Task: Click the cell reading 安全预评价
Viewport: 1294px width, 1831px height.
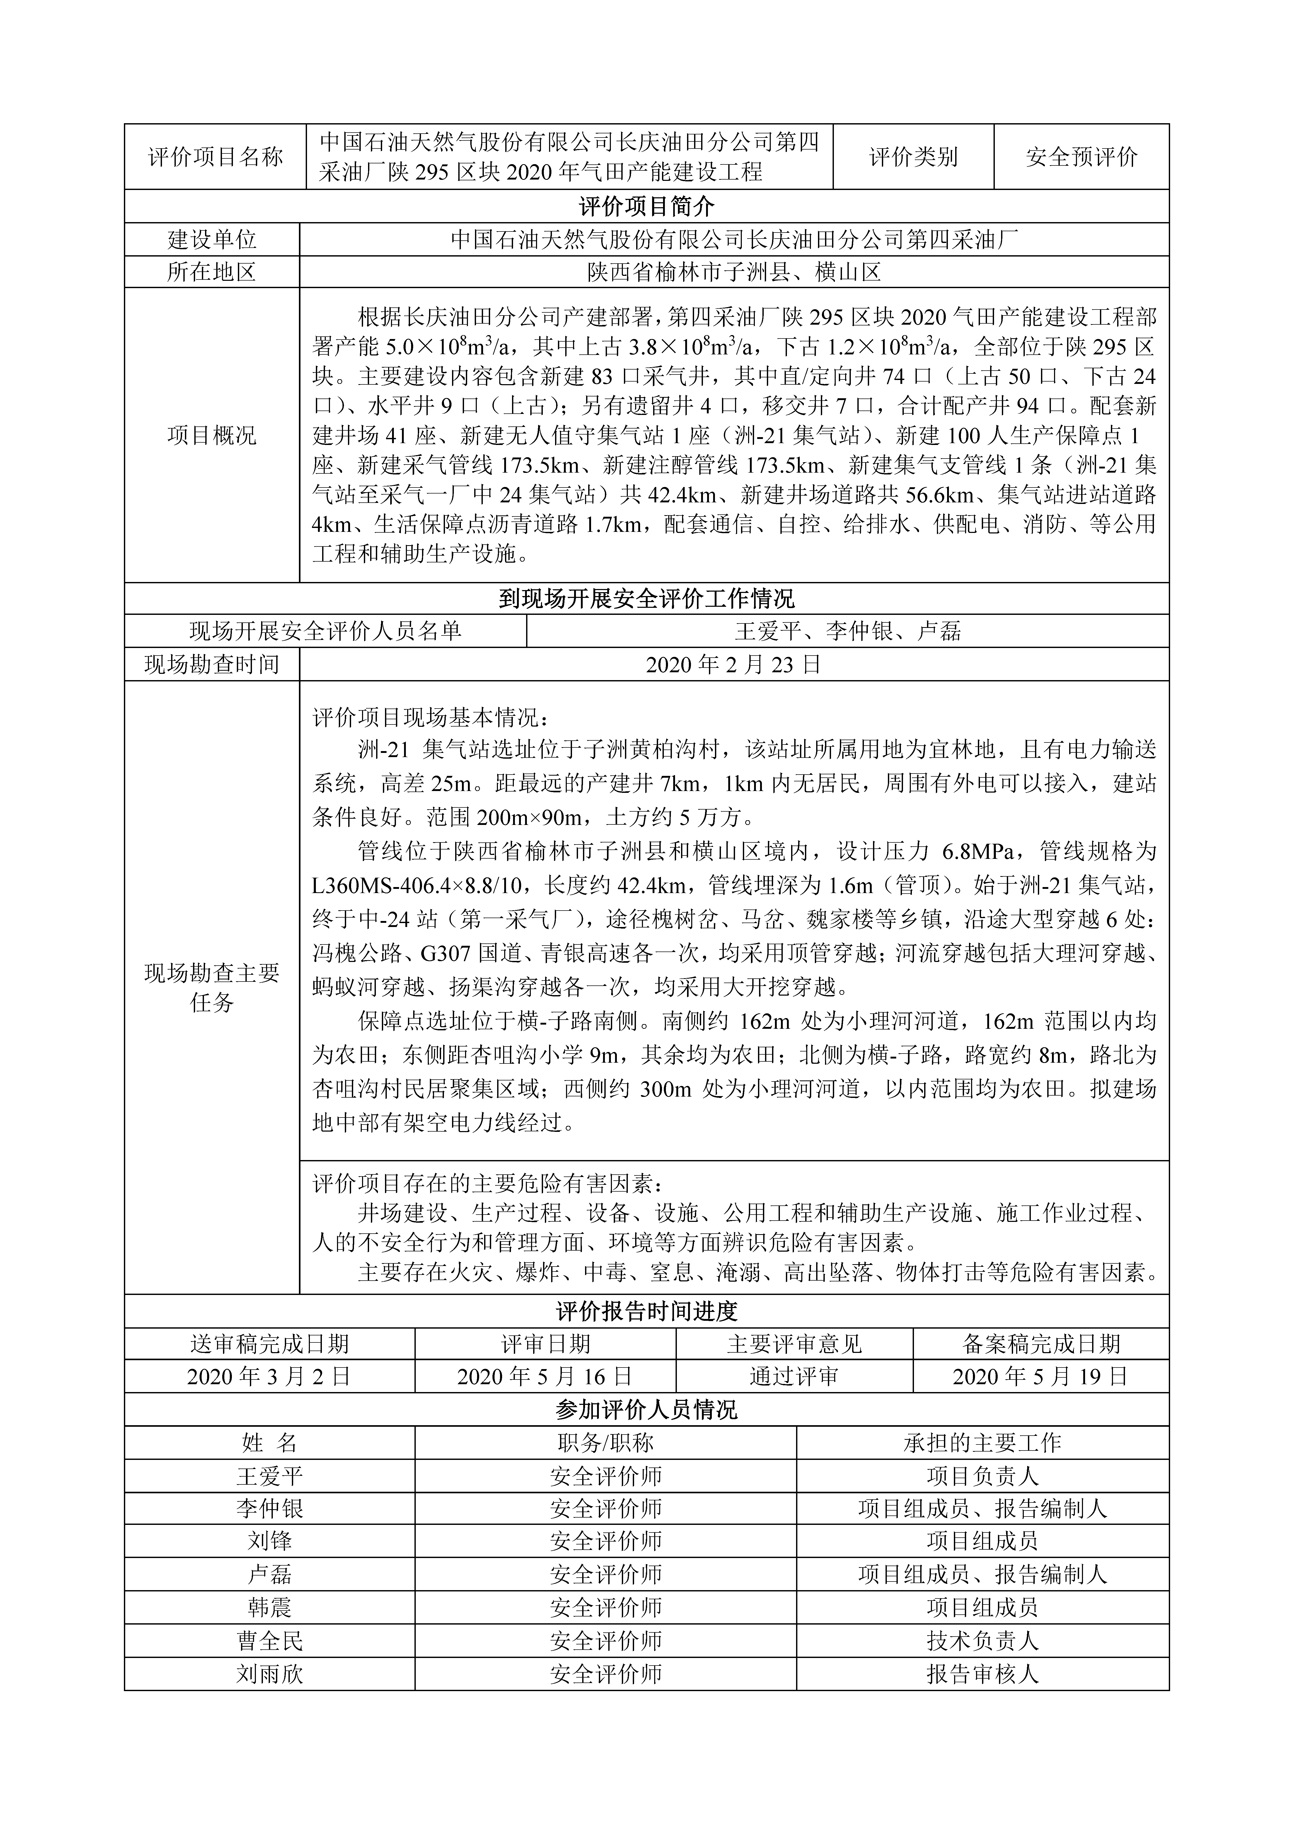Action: [1081, 157]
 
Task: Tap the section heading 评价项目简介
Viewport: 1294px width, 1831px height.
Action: [647, 206]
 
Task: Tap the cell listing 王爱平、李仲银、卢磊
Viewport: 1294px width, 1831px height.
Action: [847, 632]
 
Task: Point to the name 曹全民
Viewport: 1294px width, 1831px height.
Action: [269, 1640]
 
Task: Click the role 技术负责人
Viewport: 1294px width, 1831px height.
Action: [982, 1640]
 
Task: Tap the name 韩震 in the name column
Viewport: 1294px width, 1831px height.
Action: [269, 1607]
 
